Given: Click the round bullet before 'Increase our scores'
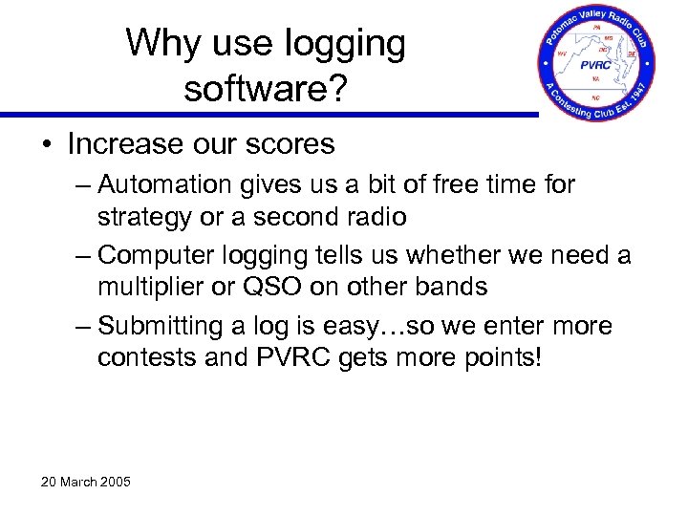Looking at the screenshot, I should [46, 145].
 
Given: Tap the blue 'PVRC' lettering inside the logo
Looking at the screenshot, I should [597, 65].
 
